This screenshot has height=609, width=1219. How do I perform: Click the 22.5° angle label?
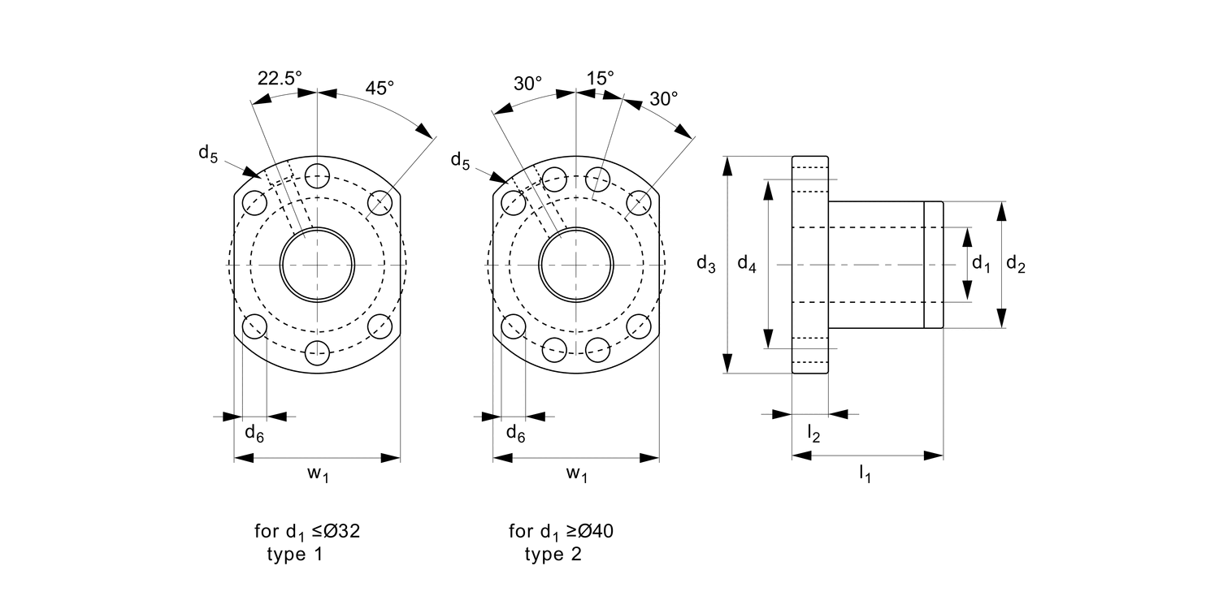pyautogui.click(x=280, y=78)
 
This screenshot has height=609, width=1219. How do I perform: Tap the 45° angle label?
pyautogui.click(x=380, y=88)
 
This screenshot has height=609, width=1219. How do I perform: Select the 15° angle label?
pyautogui.click(x=600, y=78)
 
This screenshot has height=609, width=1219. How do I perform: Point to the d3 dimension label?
pyautogui.click(x=706, y=264)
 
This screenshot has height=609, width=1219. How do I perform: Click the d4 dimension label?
pyautogui.click(x=747, y=264)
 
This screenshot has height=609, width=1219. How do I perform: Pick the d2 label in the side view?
pyautogui.click(x=1016, y=264)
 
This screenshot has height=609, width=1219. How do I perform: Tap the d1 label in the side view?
pyautogui.click(x=981, y=264)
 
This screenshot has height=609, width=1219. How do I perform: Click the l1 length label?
pyautogui.click(x=865, y=473)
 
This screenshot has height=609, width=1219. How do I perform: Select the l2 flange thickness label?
pyautogui.click(x=813, y=434)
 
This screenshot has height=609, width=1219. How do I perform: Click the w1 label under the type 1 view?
pyautogui.click(x=318, y=473)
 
